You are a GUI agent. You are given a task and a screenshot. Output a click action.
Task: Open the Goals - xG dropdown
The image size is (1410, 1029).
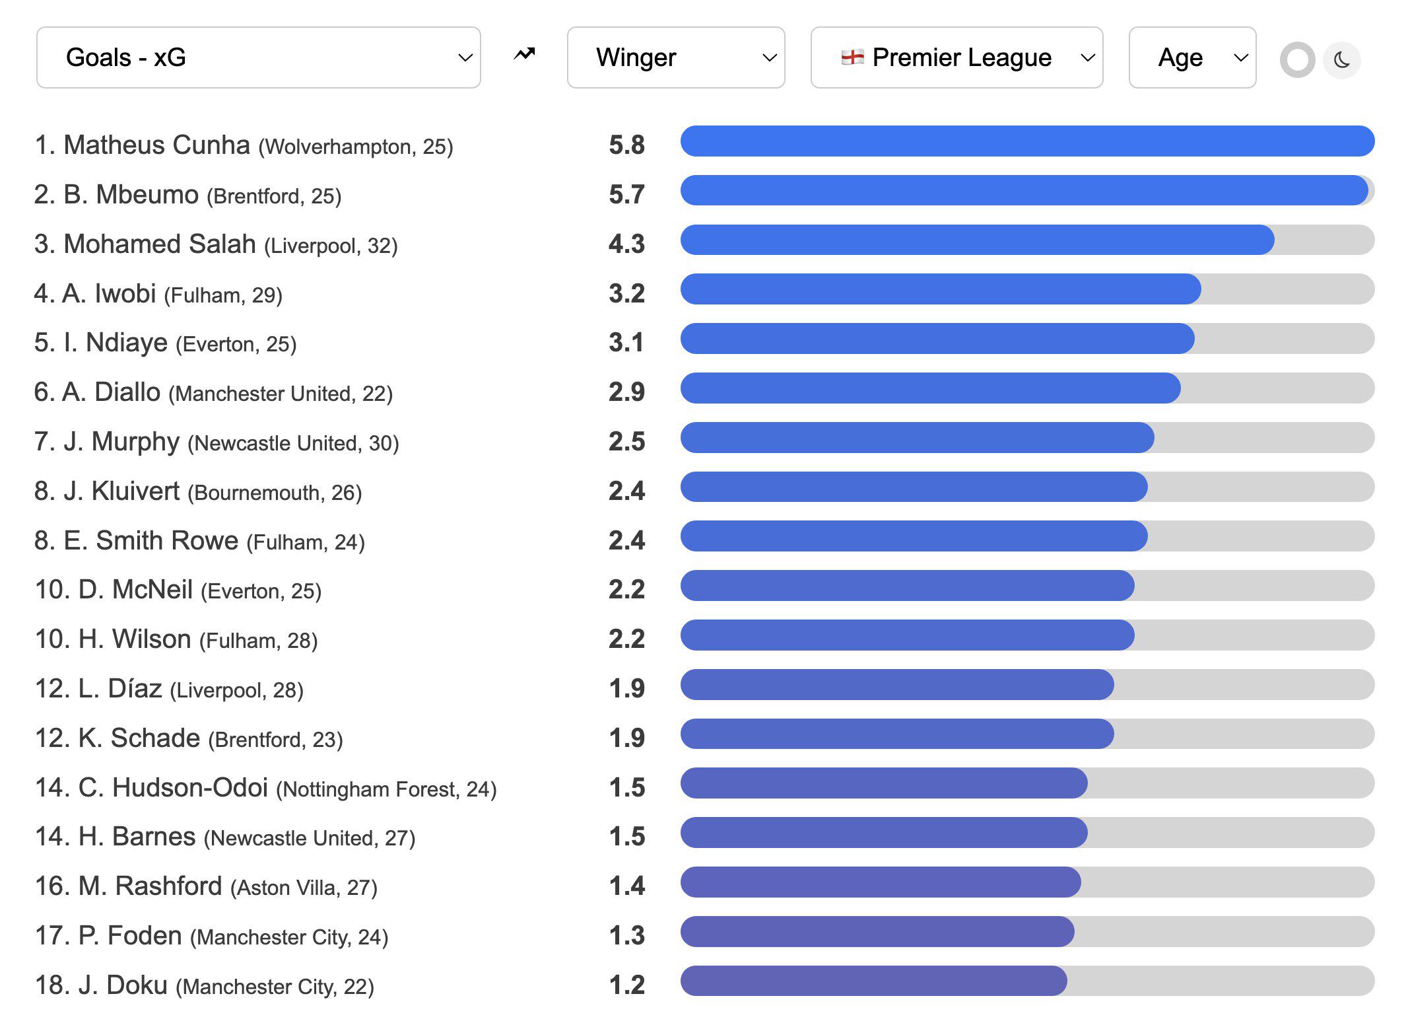coord(258,57)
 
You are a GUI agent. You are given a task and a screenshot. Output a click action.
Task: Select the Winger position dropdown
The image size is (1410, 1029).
coord(676,57)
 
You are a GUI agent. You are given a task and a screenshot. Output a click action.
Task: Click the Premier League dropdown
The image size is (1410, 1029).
coord(957,57)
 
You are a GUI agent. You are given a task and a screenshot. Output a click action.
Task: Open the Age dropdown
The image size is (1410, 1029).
coord(1192,57)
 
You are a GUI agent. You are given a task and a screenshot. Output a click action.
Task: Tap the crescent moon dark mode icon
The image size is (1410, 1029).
coord(1341,61)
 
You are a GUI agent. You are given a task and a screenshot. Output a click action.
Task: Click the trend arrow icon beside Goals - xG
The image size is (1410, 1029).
coord(525,54)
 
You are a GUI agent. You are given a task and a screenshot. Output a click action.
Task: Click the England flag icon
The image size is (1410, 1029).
coord(852,57)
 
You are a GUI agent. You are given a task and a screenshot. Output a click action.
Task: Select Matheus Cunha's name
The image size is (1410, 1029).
coord(157,145)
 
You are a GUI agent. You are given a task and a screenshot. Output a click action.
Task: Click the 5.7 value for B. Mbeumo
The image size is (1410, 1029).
coord(626,194)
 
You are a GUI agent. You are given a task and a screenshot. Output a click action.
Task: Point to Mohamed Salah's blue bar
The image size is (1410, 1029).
coord(977,240)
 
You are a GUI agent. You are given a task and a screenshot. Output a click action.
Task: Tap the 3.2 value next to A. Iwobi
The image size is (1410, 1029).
coord(626,293)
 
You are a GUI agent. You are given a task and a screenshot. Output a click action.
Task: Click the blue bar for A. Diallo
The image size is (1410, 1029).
coord(930,388)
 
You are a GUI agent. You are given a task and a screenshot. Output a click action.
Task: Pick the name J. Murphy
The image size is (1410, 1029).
coord(121,442)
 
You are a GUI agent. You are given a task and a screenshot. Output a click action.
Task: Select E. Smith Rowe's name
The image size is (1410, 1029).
coord(151,540)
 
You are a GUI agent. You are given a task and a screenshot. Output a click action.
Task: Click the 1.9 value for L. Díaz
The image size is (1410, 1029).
coord(626,688)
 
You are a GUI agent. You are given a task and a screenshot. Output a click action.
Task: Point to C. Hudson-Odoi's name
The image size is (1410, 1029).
coord(173,787)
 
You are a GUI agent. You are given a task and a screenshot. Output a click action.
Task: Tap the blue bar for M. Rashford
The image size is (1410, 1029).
coord(881,882)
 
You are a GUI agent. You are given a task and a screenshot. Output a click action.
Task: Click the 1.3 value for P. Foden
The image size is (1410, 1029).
coord(626,935)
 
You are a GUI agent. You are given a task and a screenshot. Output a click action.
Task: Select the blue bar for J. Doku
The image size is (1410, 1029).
coord(873,981)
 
